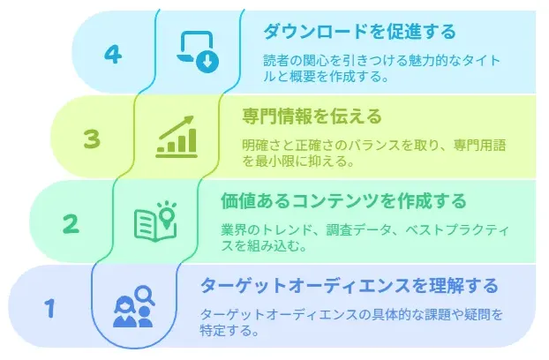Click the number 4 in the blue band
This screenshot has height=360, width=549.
tap(113, 54)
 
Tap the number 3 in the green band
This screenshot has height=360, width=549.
tap(92, 139)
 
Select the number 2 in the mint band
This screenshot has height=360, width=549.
tap(71, 224)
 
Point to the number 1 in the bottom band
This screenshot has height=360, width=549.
tap(50, 308)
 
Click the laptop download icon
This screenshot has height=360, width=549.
tap(198, 51)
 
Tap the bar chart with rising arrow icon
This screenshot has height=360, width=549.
tap(177, 137)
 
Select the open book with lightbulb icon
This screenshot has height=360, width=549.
tap(155, 221)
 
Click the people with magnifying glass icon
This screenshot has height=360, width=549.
tap(134, 306)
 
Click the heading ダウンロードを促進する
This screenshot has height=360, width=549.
tap(359, 32)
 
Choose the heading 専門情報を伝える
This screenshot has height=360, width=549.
tap(312, 116)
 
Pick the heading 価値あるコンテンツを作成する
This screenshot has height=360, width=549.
tap(343, 201)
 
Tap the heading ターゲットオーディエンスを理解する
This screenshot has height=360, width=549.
tap(349, 286)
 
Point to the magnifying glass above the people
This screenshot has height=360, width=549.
tap(146, 296)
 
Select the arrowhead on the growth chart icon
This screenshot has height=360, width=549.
tap(189, 120)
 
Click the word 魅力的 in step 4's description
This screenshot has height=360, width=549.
tap(418, 61)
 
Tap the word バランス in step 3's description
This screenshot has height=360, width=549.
tap(372, 146)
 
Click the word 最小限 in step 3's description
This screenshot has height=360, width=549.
tap(275, 161)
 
